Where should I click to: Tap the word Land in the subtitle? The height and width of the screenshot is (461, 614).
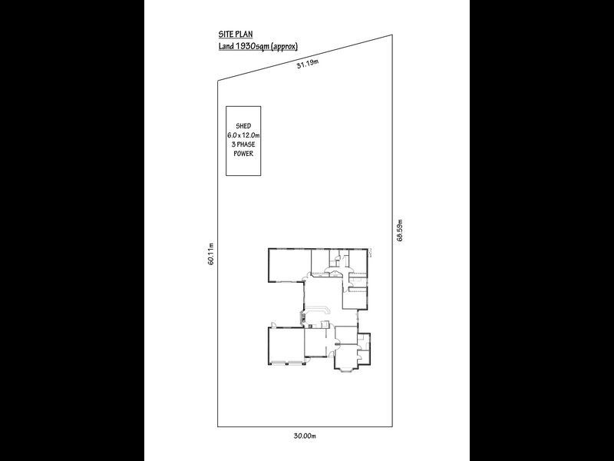226,48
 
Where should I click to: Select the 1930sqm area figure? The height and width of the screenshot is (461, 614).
256,48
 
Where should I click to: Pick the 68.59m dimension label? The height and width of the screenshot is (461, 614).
400,230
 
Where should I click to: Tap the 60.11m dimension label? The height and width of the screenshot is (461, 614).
210,254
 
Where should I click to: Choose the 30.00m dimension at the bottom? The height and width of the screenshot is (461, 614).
305,436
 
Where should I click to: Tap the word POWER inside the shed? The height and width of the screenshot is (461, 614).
243,153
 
